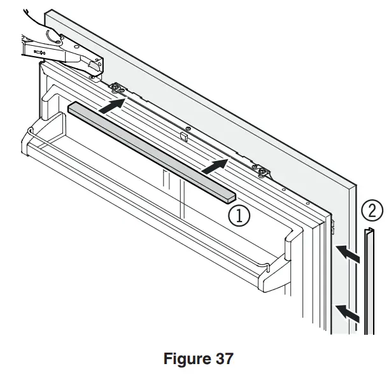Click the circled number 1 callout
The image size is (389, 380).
tap(240, 215)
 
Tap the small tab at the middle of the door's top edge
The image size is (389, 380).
tap(183, 136)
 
